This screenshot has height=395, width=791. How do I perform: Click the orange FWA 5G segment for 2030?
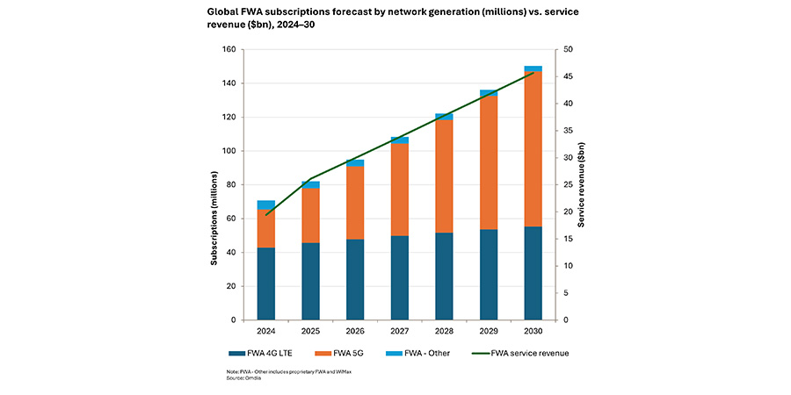click(533, 149)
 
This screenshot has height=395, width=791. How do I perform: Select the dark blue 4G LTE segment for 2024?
click(265, 284)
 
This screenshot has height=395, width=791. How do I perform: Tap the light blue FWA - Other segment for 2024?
click(265, 205)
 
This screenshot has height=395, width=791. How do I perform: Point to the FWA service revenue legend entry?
click(519, 353)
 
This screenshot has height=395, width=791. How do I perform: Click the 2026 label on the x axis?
click(354, 332)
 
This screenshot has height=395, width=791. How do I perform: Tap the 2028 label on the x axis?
click(444, 332)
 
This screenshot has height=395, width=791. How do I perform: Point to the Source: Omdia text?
click(240, 378)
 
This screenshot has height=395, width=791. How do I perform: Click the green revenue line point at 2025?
click(310, 179)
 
